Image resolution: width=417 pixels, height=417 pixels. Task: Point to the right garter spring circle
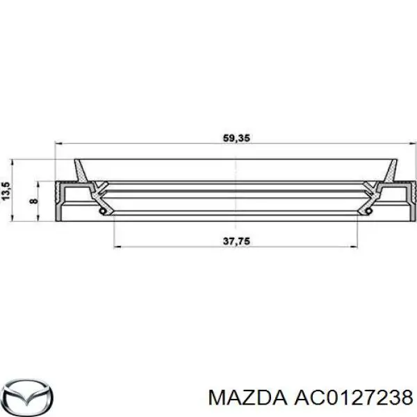(x=369, y=211)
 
